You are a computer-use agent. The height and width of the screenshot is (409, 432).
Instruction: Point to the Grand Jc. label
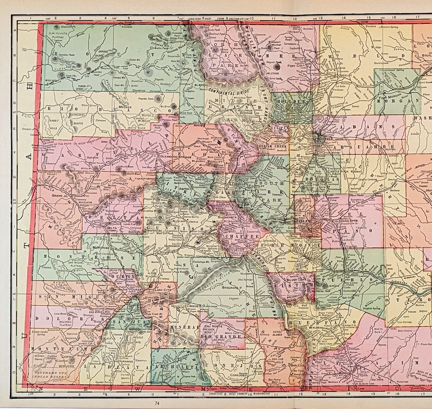pyautogui.click(x=60, y=196)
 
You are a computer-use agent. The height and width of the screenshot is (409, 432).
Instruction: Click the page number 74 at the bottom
pyautogui.click(x=156, y=403)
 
